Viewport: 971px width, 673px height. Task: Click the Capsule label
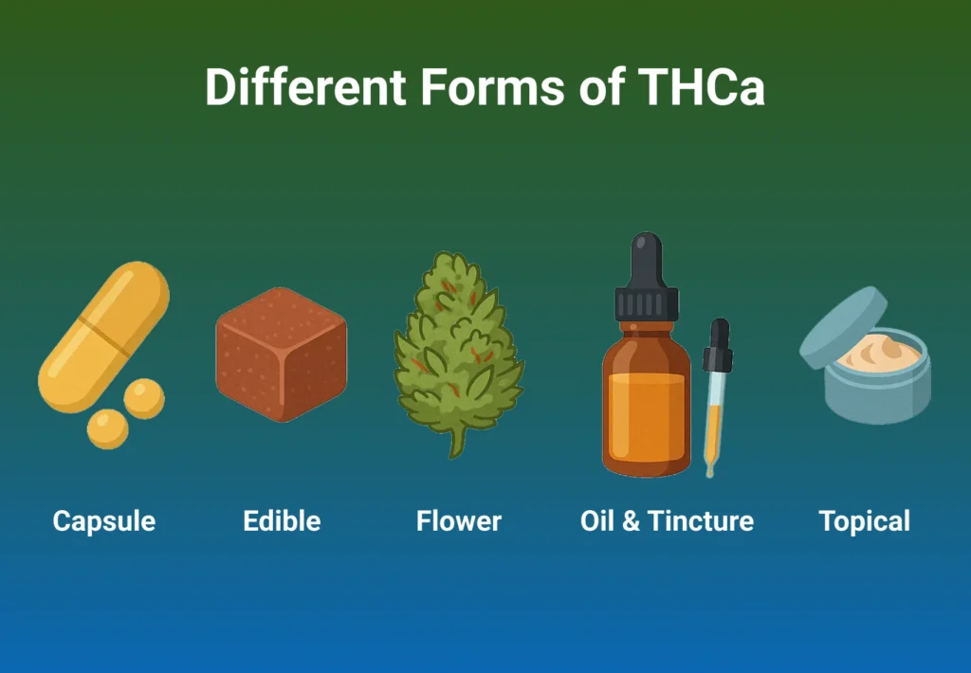pyautogui.click(x=104, y=520)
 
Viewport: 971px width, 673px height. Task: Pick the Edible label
pyautogui.click(x=282, y=520)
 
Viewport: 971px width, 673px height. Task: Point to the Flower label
pyautogui.click(x=459, y=520)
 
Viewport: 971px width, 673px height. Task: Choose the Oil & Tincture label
pyautogui.click(x=667, y=520)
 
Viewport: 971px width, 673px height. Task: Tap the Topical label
pyautogui.click(x=864, y=520)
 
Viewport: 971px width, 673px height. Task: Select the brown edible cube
pyautogui.click(x=281, y=355)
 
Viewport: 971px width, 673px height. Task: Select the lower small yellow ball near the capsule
pyautogui.click(x=107, y=428)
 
